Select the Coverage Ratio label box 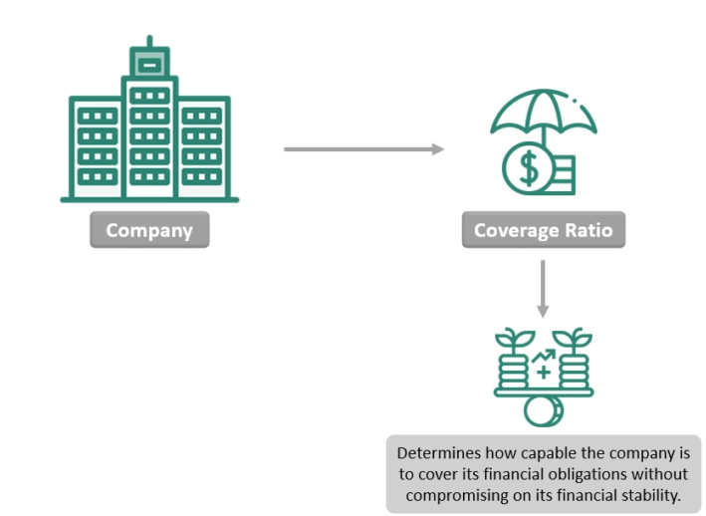pos(543,231)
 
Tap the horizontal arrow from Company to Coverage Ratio pos(362,149)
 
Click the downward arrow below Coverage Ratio pos(543,289)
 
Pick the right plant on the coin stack pos(574,341)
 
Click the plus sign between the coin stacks pos(543,373)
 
